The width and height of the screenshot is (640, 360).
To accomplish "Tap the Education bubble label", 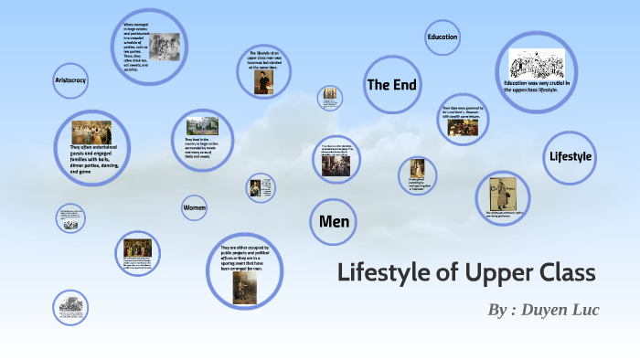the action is [442, 37].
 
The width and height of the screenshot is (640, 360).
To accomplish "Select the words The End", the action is [391, 85].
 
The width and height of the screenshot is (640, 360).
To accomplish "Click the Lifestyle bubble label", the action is [571, 156].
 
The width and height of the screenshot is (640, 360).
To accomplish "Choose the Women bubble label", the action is [194, 208].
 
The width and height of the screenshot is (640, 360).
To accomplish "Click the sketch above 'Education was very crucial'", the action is [539, 63].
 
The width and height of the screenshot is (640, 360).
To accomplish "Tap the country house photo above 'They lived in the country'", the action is [202, 125].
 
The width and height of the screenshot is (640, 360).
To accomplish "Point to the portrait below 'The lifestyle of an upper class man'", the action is [264, 83].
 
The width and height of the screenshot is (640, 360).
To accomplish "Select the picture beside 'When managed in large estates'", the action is [165, 47].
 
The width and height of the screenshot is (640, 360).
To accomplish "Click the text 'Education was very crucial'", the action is [538, 86].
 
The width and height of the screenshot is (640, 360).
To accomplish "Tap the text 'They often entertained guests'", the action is [91, 158].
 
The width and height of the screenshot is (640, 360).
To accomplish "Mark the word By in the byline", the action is [497, 311].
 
